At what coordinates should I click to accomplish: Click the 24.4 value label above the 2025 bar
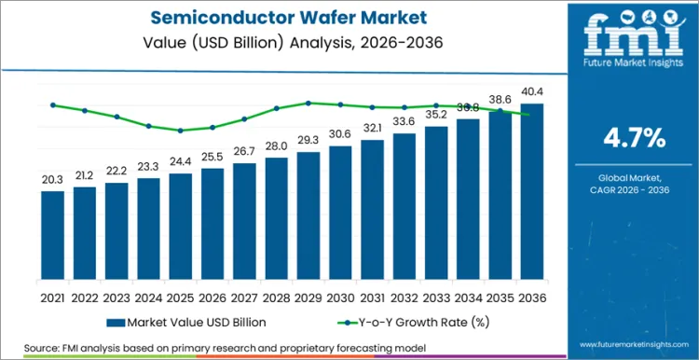(x=181, y=160)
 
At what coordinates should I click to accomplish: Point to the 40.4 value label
(x=532, y=91)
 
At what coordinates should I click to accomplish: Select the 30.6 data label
(x=340, y=133)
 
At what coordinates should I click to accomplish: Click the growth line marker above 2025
(x=181, y=131)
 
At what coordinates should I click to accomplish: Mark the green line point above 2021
(x=53, y=105)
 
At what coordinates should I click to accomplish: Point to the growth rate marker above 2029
(x=308, y=104)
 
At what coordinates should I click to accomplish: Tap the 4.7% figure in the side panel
(x=635, y=138)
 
